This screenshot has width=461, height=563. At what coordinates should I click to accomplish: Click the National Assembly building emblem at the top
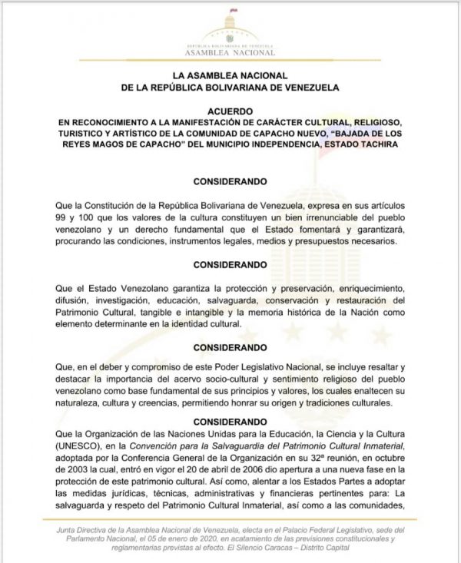(230, 24)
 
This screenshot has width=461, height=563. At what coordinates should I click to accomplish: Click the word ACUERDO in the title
(230, 110)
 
